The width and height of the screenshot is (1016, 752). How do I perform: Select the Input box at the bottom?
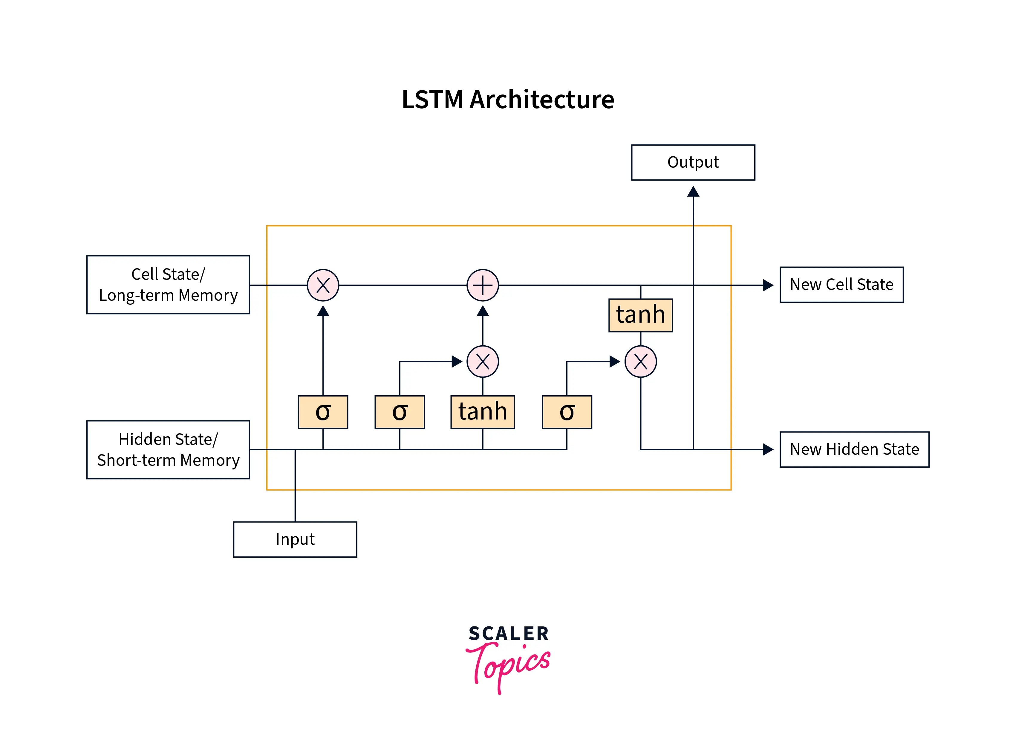coord(295,539)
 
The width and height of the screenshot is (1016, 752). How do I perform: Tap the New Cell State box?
coord(841,284)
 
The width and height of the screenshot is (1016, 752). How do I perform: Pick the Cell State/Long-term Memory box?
coord(168,284)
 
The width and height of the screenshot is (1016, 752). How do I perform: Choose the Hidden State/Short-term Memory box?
coord(168,449)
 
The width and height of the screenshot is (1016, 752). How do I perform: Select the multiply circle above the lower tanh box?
coord(482,361)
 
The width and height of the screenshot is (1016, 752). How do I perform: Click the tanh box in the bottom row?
coord(482,412)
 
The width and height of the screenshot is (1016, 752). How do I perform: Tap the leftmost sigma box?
coord(323,412)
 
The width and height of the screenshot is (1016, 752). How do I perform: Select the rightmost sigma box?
coord(567,412)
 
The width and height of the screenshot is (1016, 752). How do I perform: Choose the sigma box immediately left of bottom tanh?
coord(400,412)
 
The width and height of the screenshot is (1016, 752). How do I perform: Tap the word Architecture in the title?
coord(541,100)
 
